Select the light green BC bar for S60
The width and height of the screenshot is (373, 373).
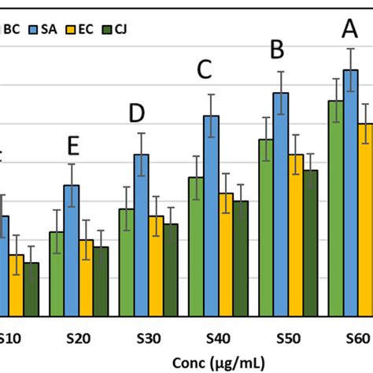(x=335, y=209)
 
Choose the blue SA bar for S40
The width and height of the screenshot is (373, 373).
(x=212, y=216)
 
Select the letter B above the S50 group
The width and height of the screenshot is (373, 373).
(x=277, y=50)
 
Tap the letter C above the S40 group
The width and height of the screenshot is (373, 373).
(x=205, y=71)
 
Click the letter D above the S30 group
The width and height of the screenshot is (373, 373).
(x=137, y=114)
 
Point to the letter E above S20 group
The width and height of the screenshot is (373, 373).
(x=73, y=146)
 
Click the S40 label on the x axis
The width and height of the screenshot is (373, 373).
(x=220, y=338)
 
